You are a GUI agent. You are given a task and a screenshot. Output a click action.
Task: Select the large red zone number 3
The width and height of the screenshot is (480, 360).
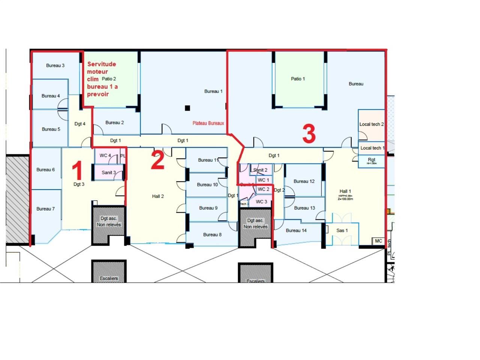tap(309, 134)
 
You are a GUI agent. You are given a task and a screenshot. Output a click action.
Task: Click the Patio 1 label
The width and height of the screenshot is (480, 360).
tap(298, 79)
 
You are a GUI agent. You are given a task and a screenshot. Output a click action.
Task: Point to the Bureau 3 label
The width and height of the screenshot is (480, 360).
tap(55, 66)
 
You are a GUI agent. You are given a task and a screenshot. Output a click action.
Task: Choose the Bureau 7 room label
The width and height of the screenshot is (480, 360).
tap(45, 209)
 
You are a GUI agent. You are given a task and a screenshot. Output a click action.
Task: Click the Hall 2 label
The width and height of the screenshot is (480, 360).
tap(158, 196)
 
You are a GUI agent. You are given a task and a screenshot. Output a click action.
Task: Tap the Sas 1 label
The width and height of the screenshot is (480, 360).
tap(342, 230)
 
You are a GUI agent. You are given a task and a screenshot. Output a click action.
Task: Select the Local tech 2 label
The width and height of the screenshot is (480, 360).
tap(371, 124)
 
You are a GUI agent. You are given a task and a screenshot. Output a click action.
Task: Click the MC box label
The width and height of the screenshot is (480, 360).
tap(378, 241)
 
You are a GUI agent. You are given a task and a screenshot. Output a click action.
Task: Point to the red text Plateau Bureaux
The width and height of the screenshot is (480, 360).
tap(208, 123)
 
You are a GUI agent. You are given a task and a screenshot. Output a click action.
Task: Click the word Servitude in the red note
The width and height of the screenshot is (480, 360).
tap(102, 64)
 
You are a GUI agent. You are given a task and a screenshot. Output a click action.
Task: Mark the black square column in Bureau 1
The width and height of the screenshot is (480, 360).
tap(187, 108)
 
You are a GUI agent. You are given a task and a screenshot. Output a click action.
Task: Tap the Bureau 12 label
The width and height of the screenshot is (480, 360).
tap(304, 181)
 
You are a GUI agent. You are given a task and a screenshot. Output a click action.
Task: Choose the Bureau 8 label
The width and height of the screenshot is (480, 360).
tap(212, 235)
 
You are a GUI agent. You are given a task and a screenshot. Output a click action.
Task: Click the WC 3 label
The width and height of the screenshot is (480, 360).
tap(261, 202)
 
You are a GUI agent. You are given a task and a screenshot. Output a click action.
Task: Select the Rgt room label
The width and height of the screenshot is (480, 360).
tap(371, 160)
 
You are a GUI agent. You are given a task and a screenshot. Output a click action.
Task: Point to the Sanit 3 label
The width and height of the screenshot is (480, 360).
tap(109, 172)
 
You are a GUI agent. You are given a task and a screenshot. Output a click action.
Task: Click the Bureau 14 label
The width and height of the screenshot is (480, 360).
tap(296, 230)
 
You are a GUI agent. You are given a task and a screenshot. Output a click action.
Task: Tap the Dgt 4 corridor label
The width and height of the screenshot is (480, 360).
tap(79, 124)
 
